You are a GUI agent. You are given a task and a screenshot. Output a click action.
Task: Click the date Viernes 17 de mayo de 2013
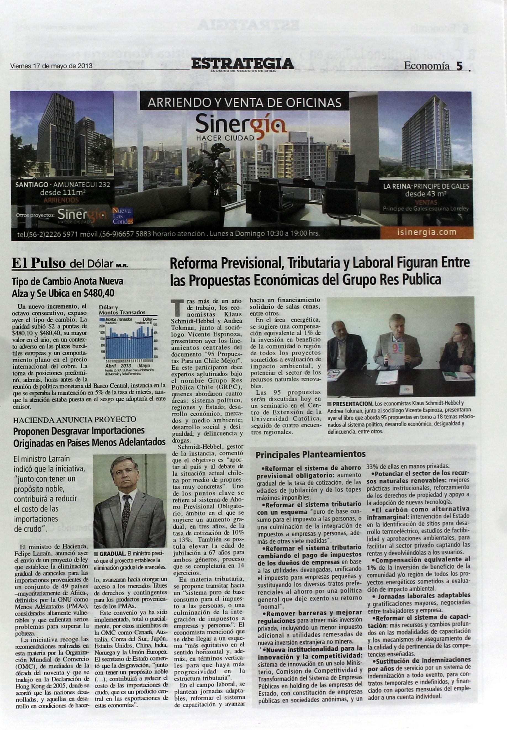[51, 66]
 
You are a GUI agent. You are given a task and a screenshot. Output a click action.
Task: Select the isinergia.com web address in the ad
[427, 232]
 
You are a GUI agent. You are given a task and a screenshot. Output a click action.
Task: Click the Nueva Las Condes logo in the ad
[123, 216]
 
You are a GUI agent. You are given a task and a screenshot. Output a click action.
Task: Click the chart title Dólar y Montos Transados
[122, 310]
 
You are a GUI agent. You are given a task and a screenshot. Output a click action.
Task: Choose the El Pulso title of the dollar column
[39, 263]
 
